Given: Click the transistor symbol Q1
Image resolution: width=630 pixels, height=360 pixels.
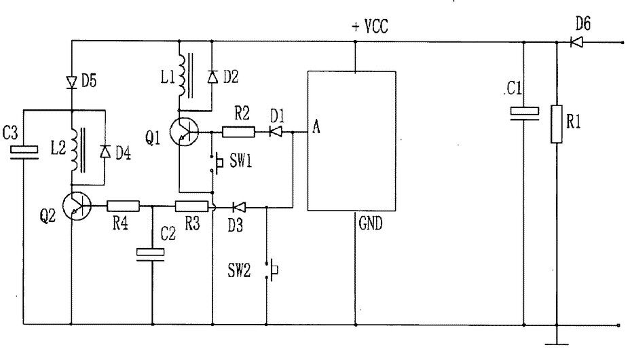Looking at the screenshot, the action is coord(184,132).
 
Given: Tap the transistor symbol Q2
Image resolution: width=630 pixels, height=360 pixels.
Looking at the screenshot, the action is coord(77,206).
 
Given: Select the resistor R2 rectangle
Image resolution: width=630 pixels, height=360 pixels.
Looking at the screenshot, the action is coord(238,132).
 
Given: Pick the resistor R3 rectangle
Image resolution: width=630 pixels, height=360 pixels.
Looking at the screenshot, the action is coord(191,206).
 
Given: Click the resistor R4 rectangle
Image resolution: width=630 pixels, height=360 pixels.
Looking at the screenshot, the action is coord(123,206).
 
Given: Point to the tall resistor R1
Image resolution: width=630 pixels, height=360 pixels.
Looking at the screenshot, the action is coord(557,124).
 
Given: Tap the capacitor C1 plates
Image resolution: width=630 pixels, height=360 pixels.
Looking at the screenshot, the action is coord(524,113).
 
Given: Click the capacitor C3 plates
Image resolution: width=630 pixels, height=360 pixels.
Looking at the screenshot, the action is coord(24,153).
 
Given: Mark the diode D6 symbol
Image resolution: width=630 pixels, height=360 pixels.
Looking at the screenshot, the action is coord(576,42).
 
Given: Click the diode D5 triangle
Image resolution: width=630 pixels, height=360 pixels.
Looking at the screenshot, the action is coord(71,83).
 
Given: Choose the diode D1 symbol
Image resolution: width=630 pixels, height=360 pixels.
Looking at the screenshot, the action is coord(275,132).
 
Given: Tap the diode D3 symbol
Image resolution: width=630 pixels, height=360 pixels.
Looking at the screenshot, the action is coord(239,207).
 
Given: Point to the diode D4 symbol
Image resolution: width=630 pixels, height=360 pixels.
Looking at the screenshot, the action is coord(105,151).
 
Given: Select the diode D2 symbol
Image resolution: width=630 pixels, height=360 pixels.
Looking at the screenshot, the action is coord(212,76).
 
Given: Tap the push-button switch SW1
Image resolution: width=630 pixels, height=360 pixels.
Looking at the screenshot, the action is coord(217,162).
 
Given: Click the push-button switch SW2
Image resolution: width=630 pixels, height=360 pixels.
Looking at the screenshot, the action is coord(272,270).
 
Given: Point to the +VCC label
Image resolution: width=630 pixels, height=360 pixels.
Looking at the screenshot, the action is coord(370,27).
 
